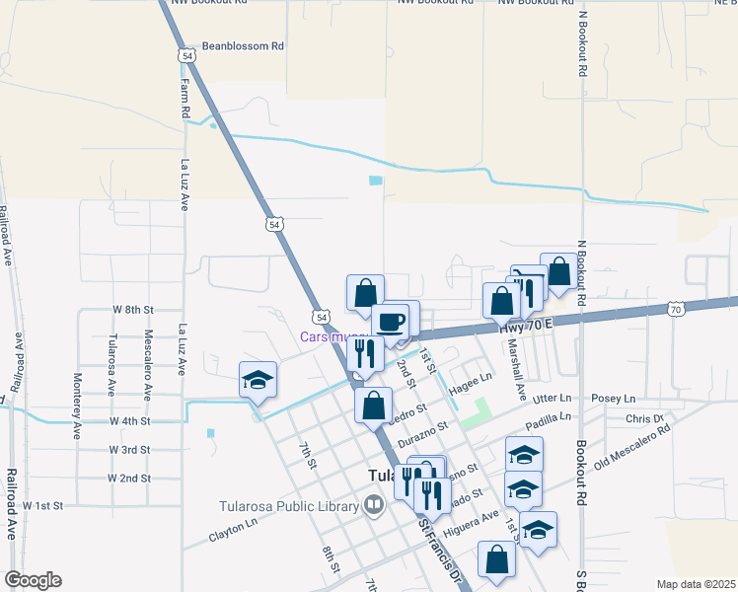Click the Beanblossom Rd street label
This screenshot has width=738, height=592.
243,45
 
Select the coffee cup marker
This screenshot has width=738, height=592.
392,322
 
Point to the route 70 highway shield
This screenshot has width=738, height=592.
675,310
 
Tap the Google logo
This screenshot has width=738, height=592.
33,580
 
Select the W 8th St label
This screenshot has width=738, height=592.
133,309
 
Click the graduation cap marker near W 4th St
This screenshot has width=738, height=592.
258,381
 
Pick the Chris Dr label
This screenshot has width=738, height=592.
643,419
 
